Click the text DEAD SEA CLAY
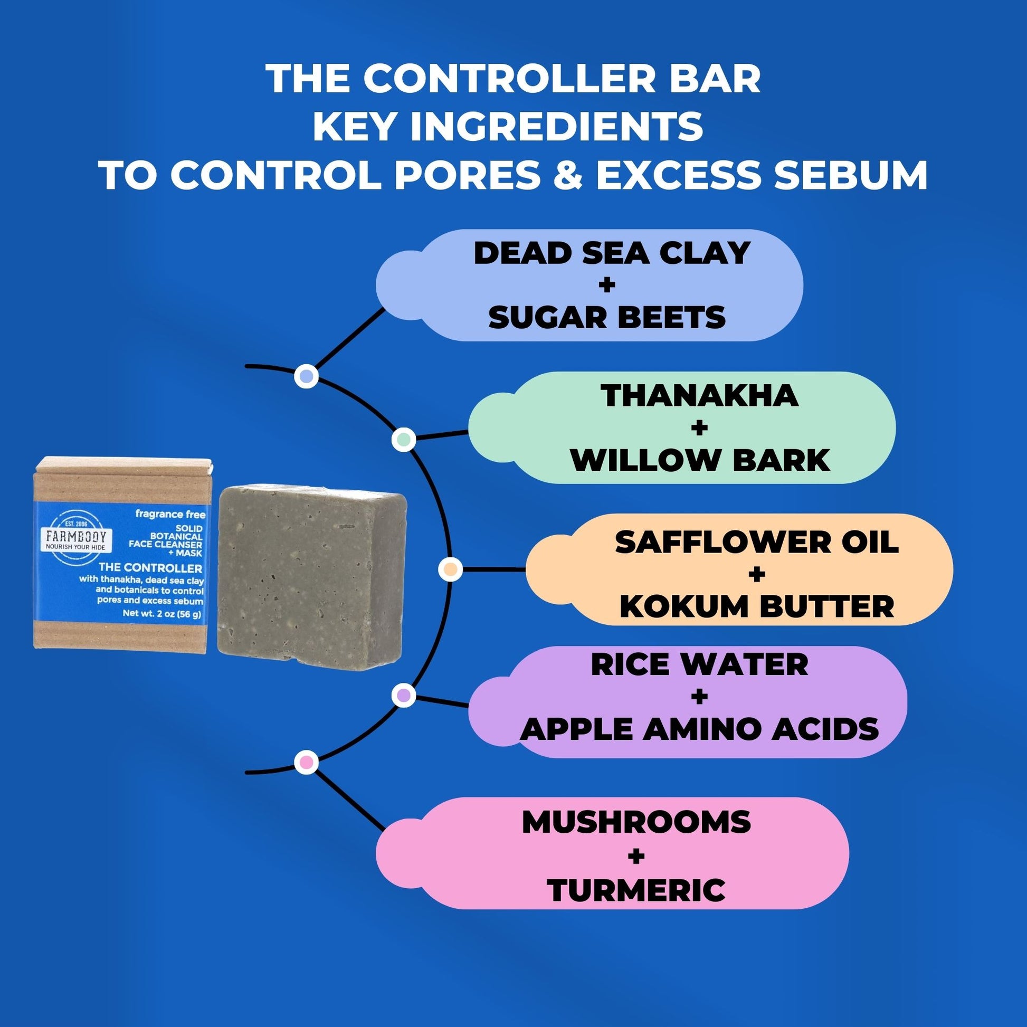click(611, 253)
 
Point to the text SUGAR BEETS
click(607, 317)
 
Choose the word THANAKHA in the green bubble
click(700, 396)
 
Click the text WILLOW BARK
click(700, 460)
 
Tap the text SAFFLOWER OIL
click(757, 543)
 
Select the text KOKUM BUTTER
click(757, 606)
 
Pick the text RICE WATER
click(700, 664)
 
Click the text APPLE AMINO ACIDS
click(700, 729)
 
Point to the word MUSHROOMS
click(636, 822)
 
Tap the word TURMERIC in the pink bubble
click(636, 890)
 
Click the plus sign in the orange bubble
click(756, 575)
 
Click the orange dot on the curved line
click(450, 570)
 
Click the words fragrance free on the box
click(170, 515)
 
